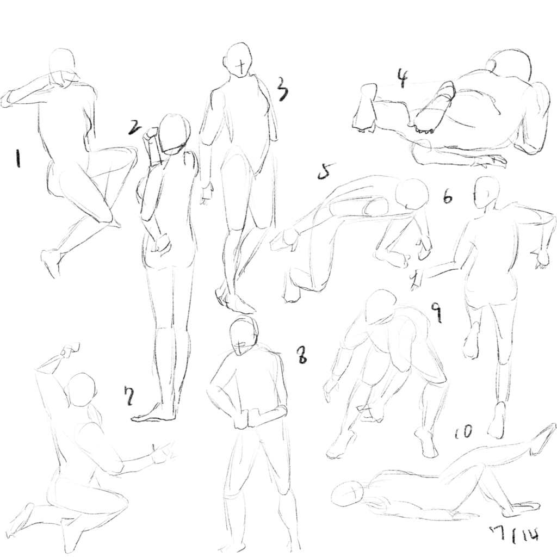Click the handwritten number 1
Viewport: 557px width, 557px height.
[x=17, y=158]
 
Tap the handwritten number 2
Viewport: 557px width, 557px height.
[x=135, y=127]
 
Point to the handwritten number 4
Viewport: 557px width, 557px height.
[x=403, y=78]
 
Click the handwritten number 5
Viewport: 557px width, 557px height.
[x=326, y=171]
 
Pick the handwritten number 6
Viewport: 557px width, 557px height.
[x=448, y=196]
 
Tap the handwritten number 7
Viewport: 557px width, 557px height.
[x=128, y=395]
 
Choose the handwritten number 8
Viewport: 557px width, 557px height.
[x=302, y=355]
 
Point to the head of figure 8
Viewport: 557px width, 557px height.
[x=244, y=336]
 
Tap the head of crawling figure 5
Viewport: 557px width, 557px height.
[x=412, y=194]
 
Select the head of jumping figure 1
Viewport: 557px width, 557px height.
[x=62, y=64]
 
